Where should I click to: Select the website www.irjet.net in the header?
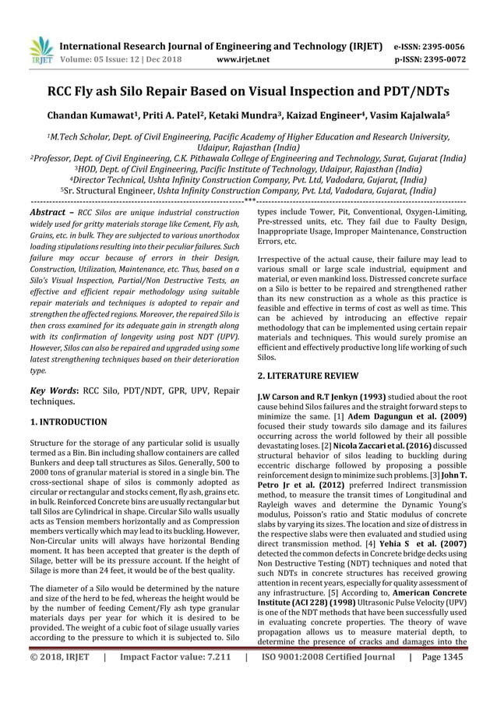click(245, 58)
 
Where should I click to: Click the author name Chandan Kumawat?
click(92, 115)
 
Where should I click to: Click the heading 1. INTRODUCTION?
click(68, 422)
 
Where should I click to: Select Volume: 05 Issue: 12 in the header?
click(106, 58)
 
